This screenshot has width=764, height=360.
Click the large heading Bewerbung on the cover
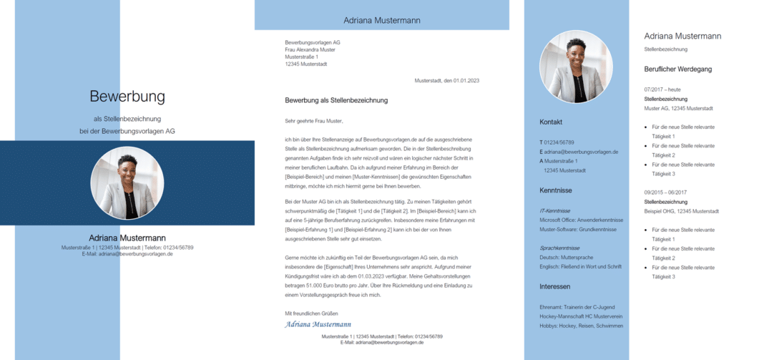pyautogui.click(x=127, y=97)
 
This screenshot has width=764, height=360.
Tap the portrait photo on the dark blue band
pyautogui.click(x=127, y=183)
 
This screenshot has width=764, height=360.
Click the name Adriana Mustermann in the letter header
pyautogui.click(x=381, y=20)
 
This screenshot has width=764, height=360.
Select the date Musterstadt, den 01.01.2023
pyautogui.click(x=446, y=80)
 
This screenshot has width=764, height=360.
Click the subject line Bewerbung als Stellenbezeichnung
pyautogui.click(x=336, y=100)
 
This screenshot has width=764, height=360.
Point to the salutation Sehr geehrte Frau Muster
pyautogui.click(x=314, y=121)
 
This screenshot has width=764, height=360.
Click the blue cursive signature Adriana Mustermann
pyautogui.click(x=318, y=324)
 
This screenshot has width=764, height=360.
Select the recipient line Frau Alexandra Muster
pyautogui.click(x=310, y=49)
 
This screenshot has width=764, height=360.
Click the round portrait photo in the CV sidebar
pyautogui.click(x=576, y=67)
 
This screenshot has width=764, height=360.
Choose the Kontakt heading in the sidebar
pyautogui.click(x=552, y=122)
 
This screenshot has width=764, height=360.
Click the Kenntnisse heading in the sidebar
pyautogui.click(x=555, y=190)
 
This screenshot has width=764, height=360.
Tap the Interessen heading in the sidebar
pyautogui.click(x=554, y=286)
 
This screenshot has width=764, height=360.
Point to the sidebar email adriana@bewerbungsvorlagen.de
pyautogui.click(x=582, y=152)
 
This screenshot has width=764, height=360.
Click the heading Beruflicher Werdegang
pyautogui.click(x=678, y=69)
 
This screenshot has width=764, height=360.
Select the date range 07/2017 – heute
pyautogui.click(x=662, y=89)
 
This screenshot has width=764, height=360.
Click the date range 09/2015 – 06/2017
pyautogui.click(x=665, y=192)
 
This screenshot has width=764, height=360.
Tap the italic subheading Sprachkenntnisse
pyautogui.click(x=560, y=248)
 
